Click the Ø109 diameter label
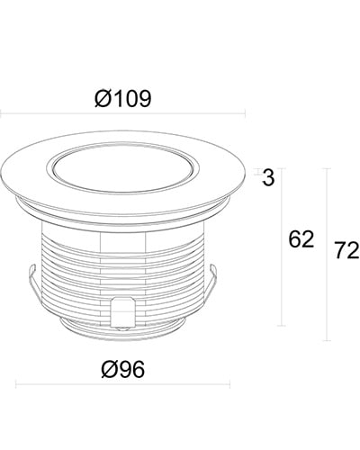pos(123,99)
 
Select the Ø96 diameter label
pos(123,369)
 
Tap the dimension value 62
pos(301,239)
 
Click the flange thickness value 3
pos(268,177)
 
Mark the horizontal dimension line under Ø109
pos(122,113)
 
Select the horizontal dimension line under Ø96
pos(123,383)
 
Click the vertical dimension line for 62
pos(282,247)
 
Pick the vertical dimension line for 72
pos(327,255)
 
